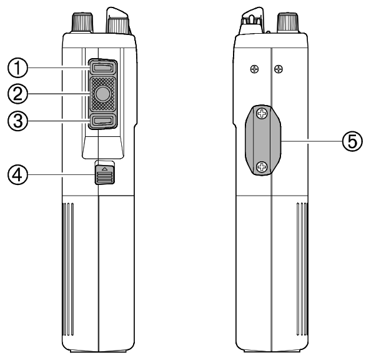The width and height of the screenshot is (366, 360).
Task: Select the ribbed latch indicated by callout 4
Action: tap(104, 177)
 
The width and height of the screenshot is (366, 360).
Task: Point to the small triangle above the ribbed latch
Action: tap(104, 168)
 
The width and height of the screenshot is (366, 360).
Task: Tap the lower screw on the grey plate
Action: tap(262, 166)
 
